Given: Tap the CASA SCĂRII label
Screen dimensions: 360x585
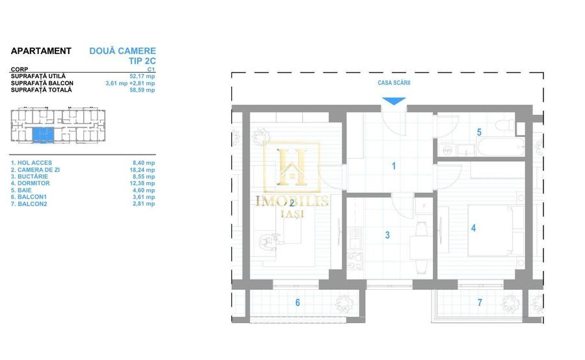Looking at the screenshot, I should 394,83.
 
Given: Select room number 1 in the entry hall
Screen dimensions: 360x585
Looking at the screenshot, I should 393,166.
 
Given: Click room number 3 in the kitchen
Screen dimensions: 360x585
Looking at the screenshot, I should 387,235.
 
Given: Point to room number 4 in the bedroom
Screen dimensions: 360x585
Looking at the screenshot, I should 473,228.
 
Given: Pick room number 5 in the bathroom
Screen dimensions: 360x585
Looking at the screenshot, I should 479,132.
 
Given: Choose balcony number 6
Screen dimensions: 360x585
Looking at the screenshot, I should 298,302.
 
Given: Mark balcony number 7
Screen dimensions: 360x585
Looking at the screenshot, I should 480,302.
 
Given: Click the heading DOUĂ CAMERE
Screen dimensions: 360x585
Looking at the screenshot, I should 122,51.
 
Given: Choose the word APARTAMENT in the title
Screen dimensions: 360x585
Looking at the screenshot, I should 41,51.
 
